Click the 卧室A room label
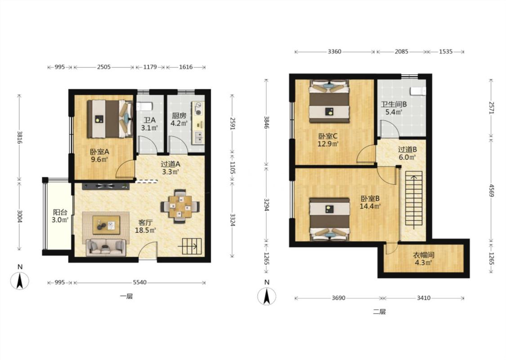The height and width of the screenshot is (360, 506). tap(99, 152)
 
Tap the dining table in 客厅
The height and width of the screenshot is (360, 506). tap(180, 206)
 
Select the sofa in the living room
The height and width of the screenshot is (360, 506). tap(106, 247)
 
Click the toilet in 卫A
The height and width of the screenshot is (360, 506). tap(144, 106)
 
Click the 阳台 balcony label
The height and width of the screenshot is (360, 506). tap(60, 212)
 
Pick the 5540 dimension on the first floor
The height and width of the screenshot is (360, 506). tap(140, 283)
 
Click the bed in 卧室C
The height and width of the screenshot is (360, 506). tap(329, 102)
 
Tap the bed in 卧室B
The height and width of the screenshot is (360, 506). tap(330, 220)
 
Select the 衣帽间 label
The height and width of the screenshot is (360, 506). tap(423, 255)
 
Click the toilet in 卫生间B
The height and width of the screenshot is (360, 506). tap(418, 91)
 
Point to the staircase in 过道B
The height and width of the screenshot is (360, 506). tap(414, 198)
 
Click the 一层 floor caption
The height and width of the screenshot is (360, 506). tap(126, 297)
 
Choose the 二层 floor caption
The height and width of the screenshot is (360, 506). tap(380, 312)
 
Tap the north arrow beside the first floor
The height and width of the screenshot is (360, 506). tap(20, 280)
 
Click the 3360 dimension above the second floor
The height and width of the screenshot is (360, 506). tap(334, 51)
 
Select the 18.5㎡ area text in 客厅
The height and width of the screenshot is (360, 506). tap(146, 230)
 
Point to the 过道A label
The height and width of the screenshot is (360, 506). tap(171, 164)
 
